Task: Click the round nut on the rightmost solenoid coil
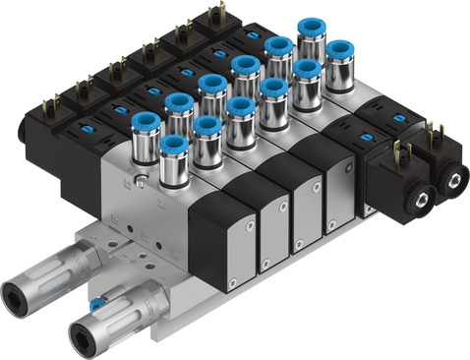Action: coord(455,178)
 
